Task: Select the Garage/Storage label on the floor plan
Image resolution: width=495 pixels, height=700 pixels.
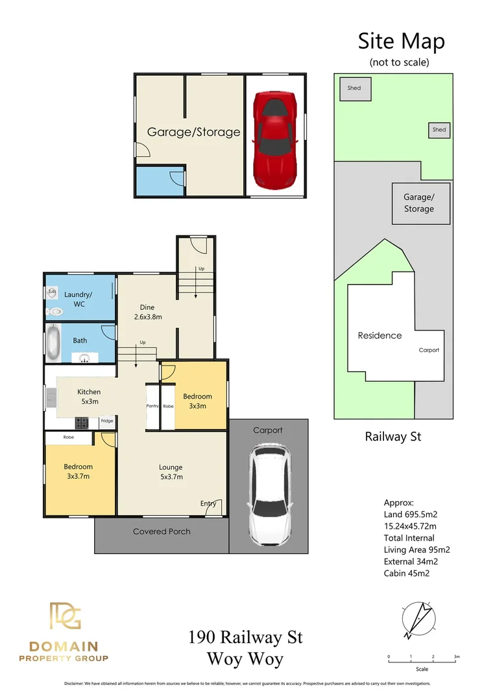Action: click(x=193, y=132)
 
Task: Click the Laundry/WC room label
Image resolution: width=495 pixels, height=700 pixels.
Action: click(x=78, y=299)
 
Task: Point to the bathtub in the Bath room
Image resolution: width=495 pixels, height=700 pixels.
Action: click(x=53, y=344)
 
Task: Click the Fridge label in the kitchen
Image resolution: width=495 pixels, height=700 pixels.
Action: click(x=107, y=421)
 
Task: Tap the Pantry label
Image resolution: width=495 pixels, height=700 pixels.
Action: click(x=152, y=406)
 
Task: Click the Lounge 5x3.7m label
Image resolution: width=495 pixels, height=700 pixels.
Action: click(x=171, y=471)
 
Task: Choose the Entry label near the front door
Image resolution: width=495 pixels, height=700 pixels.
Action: click(x=208, y=503)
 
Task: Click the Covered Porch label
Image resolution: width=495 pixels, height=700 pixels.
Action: click(x=162, y=531)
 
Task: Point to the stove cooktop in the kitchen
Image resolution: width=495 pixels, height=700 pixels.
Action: click(x=82, y=423)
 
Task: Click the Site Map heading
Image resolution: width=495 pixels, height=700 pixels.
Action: click(x=401, y=41)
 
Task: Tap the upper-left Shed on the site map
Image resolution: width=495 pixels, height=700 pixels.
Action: click(x=354, y=89)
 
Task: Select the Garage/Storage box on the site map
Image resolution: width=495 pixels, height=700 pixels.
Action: click(x=418, y=203)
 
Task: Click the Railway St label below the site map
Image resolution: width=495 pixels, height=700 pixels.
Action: click(x=393, y=437)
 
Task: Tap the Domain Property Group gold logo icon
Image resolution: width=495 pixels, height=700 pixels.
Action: click(x=65, y=616)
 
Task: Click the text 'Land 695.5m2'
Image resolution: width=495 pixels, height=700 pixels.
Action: click(x=410, y=515)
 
